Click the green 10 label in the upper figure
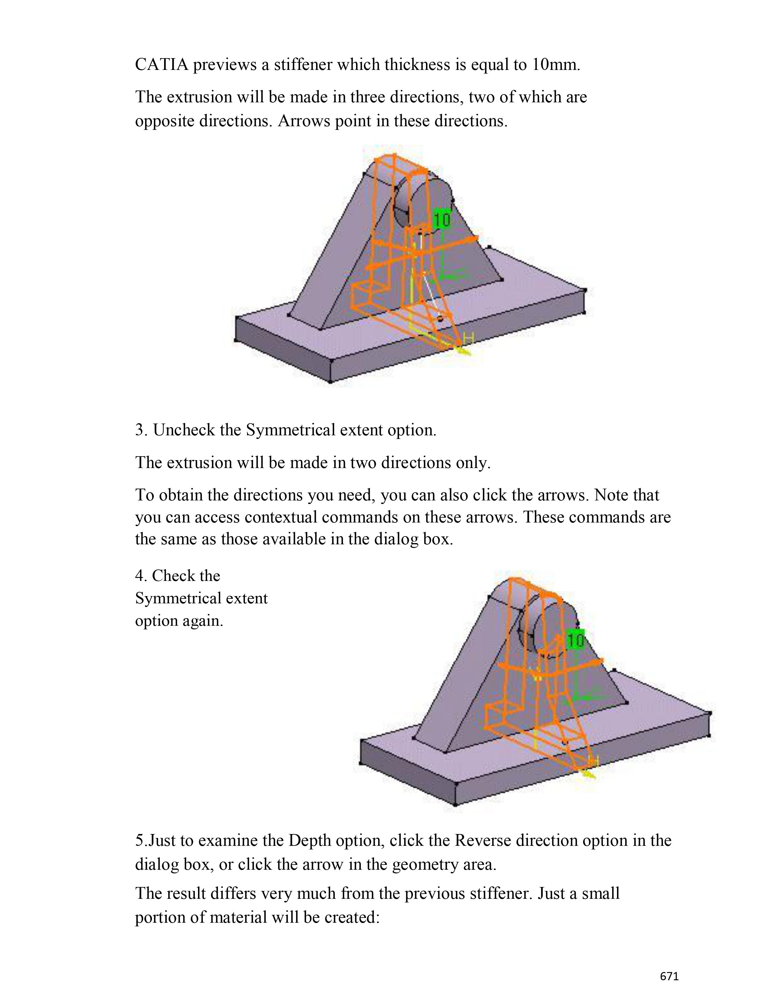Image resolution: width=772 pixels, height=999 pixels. click(x=442, y=220)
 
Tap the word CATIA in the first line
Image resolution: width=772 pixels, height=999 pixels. click(x=161, y=65)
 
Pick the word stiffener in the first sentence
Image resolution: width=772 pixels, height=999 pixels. click(x=303, y=65)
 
